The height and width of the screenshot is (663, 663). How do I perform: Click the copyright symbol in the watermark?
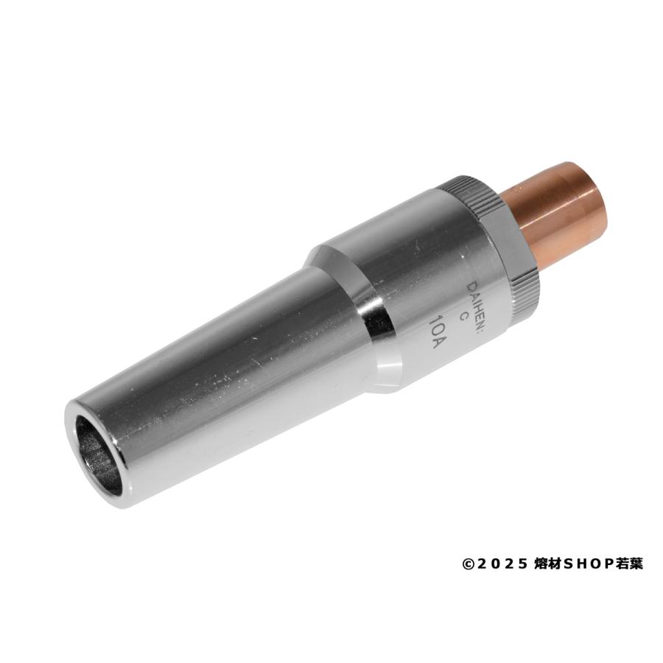tap(467, 564)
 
